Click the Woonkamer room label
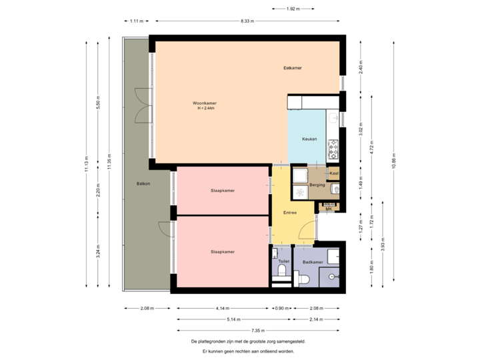click(x=205, y=103)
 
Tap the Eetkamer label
click(x=293, y=68)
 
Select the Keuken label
click(x=309, y=139)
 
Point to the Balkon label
click(x=143, y=183)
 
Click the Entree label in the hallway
click(x=290, y=213)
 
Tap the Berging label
click(x=317, y=185)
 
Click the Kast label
click(x=334, y=173)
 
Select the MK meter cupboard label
click(x=328, y=209)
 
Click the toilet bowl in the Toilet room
click(x=282, y=273)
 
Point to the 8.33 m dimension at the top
click(x=247, y=21)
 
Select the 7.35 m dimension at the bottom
click(x=258, y=331)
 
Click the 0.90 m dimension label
click(x=282, y=309)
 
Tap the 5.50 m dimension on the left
click(x=98, y=105)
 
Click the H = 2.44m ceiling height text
click(x=205, y=109)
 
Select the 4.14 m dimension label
click(x=223, y=309)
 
